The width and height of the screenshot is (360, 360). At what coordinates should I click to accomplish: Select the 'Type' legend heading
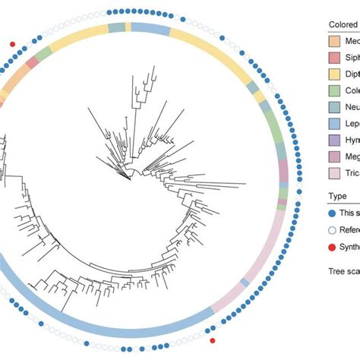pyautogui.click(x=337, y=197)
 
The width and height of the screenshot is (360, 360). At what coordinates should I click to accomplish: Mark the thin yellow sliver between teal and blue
pyautogui.click(x=128, y=28)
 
